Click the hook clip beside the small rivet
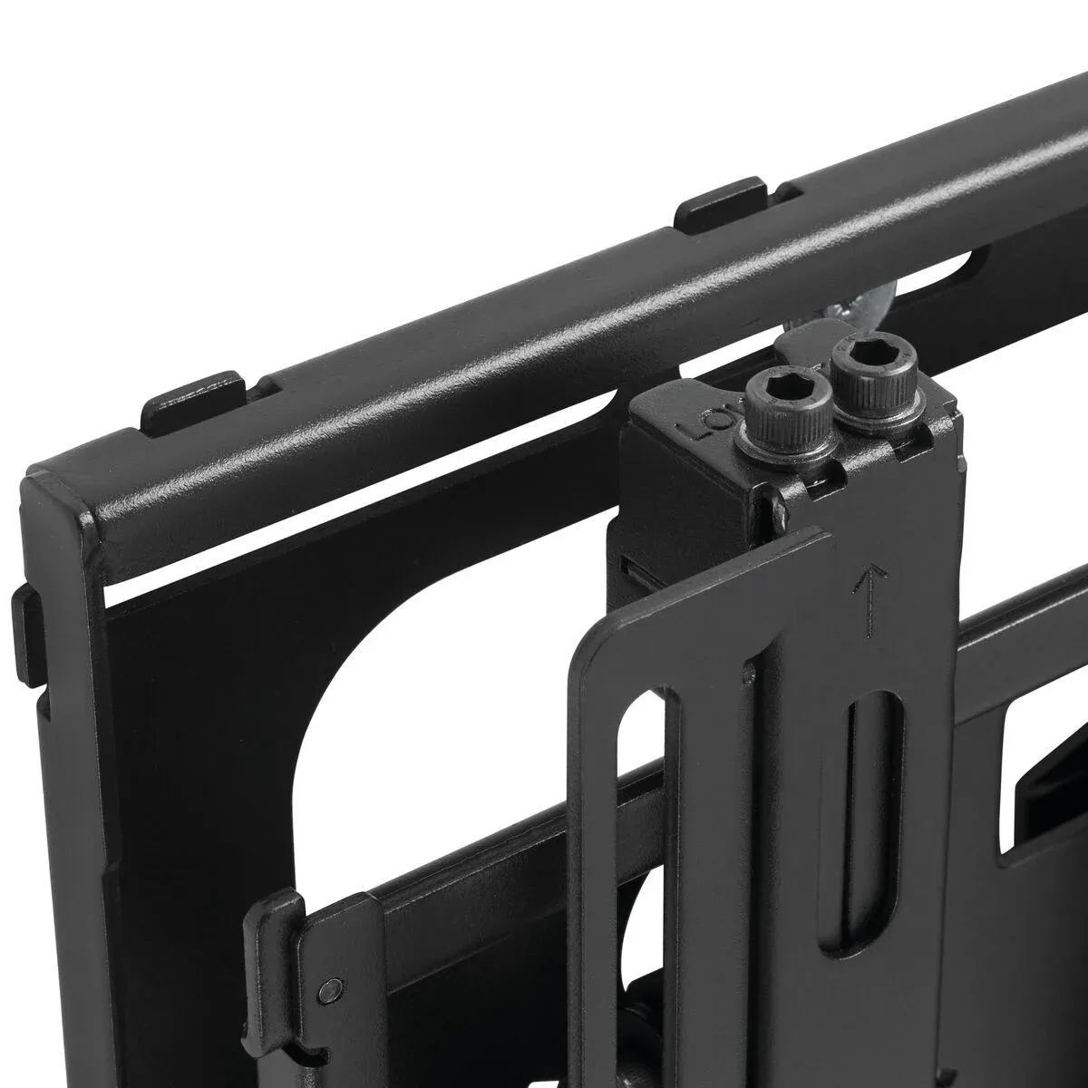click(277, 934)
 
